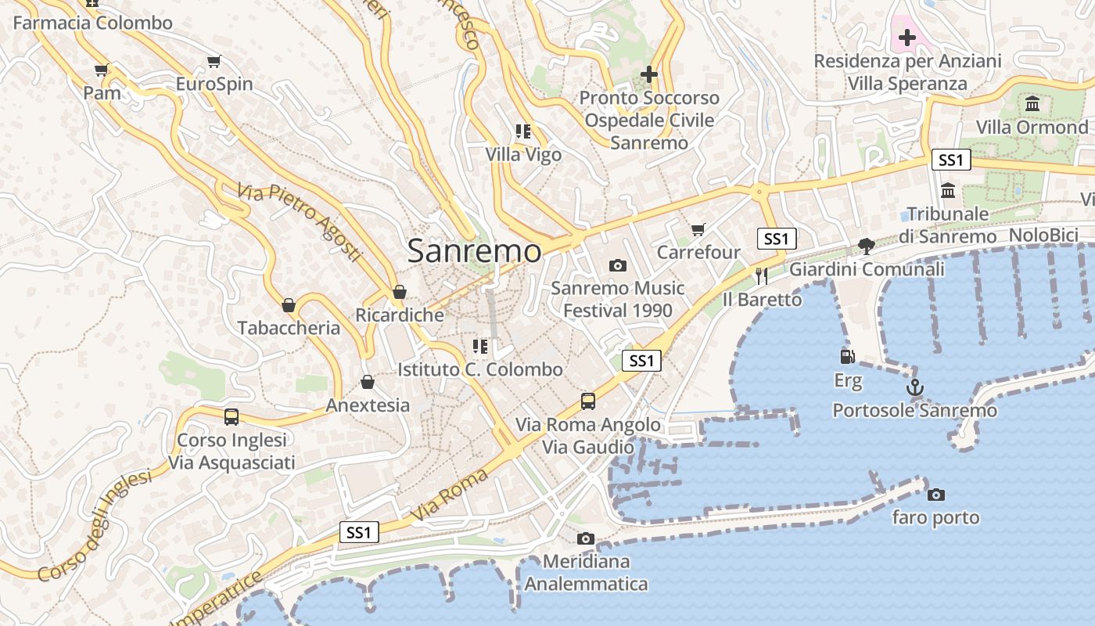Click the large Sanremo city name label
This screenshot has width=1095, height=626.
[474, 251]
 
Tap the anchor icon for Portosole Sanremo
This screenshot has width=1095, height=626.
[914, 387]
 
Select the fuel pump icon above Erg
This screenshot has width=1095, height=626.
[847, 357]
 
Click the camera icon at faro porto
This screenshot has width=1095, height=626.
[935, 495]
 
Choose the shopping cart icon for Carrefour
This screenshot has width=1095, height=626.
[698, 229]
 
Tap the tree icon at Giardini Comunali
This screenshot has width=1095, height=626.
[866, 246]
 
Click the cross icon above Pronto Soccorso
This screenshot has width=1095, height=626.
[648, 74]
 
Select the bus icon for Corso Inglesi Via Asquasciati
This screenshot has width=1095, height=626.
[232, 416]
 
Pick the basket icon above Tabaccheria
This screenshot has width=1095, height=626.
[289, 305]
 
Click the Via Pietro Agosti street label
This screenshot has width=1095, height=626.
[300, 222]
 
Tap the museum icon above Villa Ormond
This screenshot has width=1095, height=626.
[1032, 103]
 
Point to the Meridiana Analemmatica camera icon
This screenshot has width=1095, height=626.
[585, 538]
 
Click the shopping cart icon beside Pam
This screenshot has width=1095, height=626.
[102, 70]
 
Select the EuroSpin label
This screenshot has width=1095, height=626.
[214, 84]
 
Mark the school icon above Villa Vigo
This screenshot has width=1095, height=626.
[523, 131]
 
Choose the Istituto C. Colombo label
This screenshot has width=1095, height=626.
[480, 369]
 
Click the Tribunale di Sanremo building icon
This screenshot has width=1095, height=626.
[948, 190]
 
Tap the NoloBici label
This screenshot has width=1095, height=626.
[1043, 236]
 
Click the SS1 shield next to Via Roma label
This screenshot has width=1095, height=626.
[360, 533]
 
